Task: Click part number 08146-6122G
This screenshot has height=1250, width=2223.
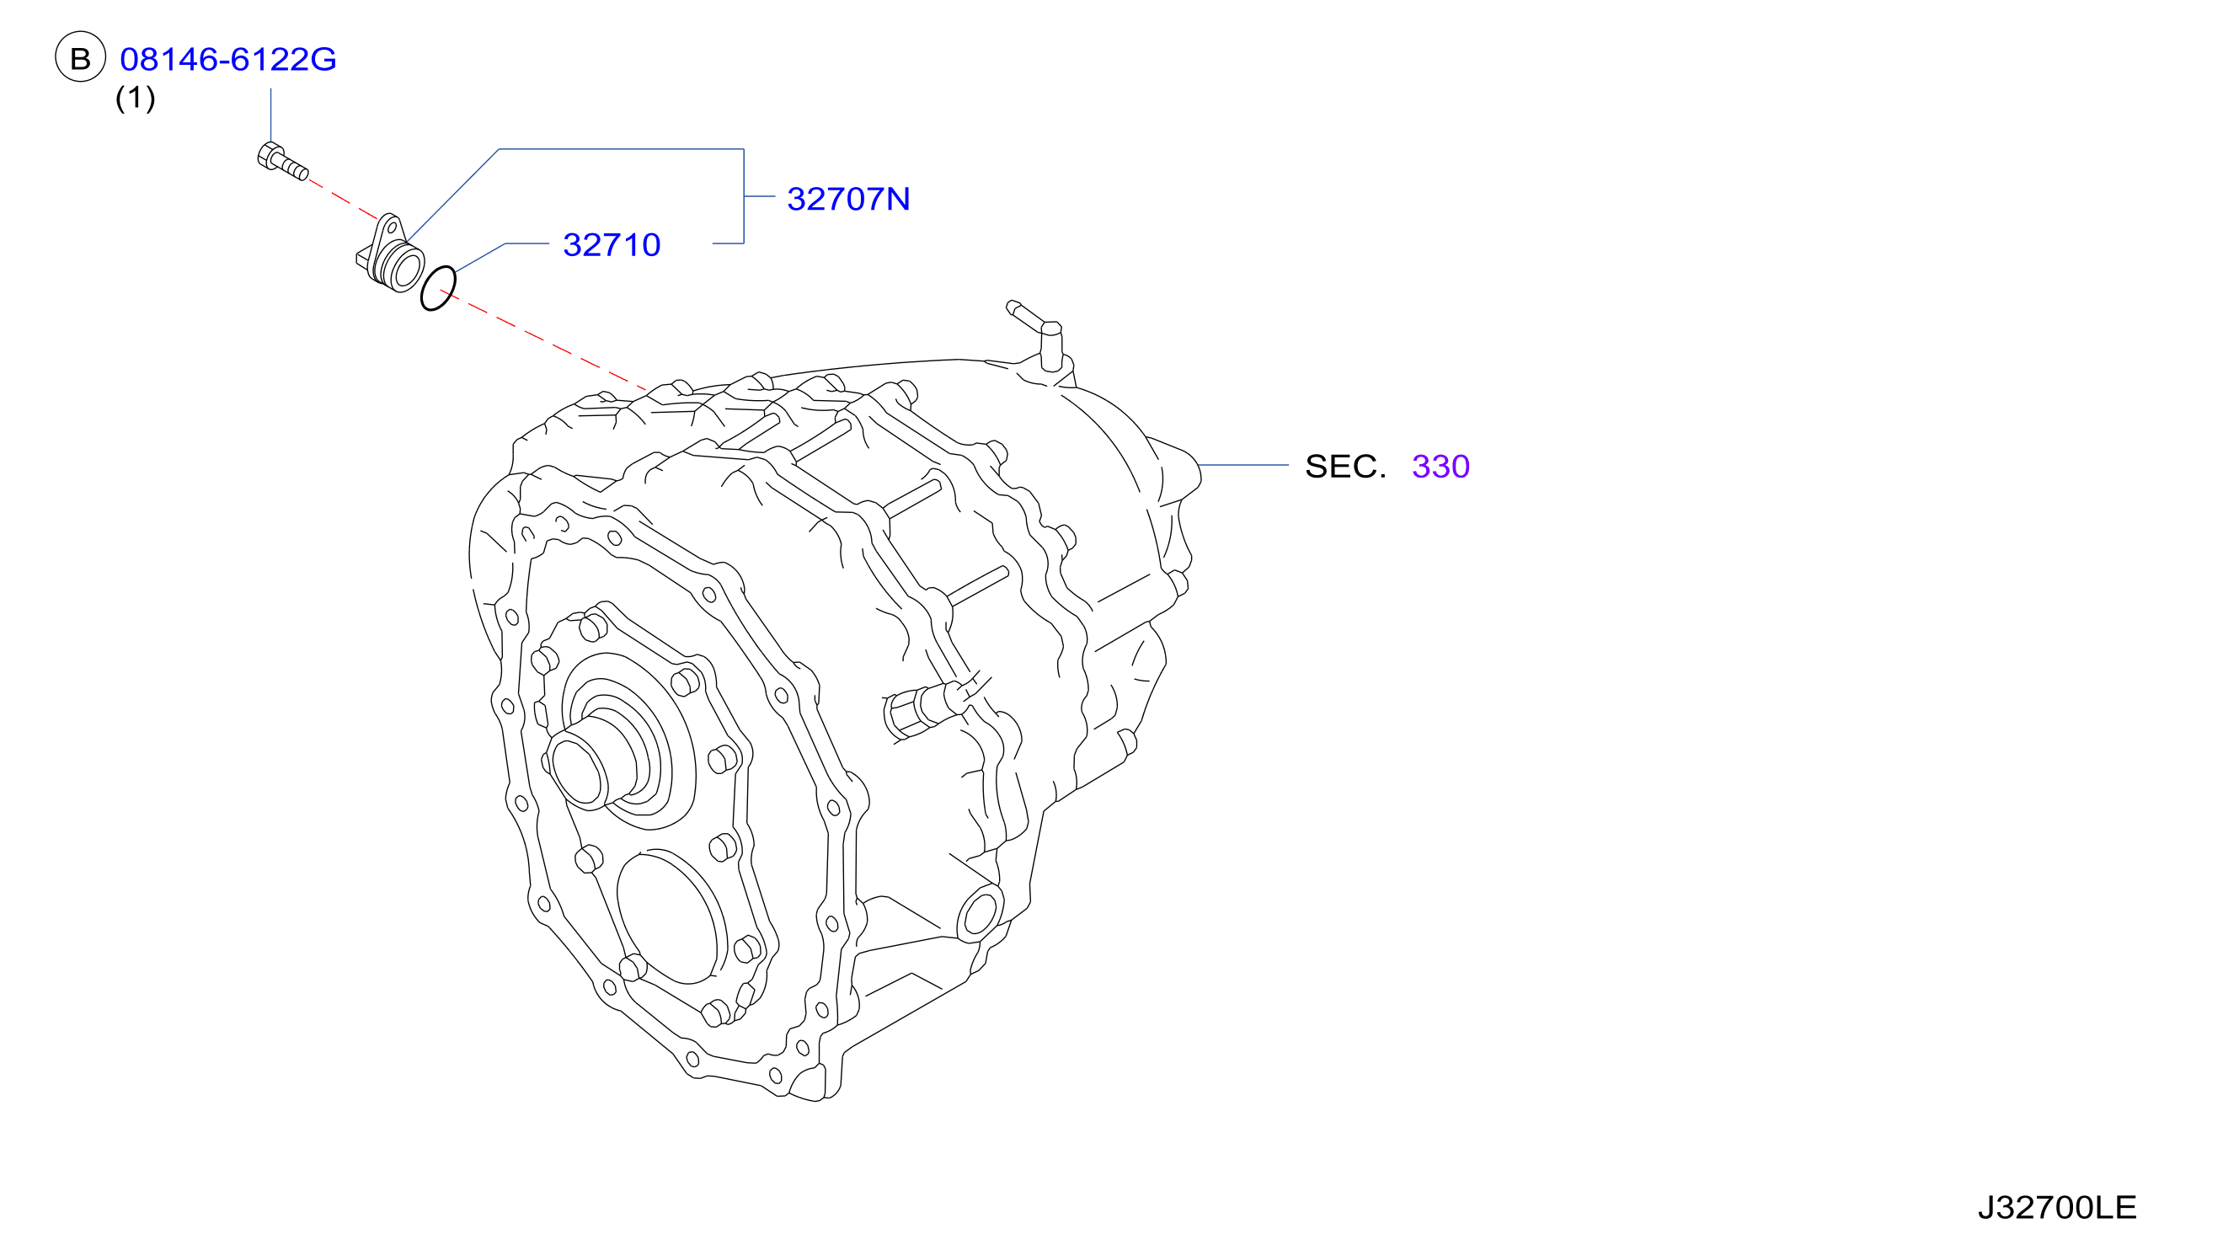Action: (227, 59)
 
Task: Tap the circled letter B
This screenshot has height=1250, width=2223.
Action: (80, 58)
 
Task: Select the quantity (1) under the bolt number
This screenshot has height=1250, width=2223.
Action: (136, 98)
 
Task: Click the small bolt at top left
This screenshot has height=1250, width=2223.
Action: (282, 163)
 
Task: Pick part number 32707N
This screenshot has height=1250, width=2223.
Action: (848, 199)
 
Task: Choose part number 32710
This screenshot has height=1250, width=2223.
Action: (612, 244)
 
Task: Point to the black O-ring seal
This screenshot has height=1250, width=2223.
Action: (437, 289)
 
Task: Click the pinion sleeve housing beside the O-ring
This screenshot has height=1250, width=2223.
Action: (390, 254)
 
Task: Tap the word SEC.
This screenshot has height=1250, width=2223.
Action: (1345, 466)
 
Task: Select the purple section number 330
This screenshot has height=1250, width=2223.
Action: (1440, 466)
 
